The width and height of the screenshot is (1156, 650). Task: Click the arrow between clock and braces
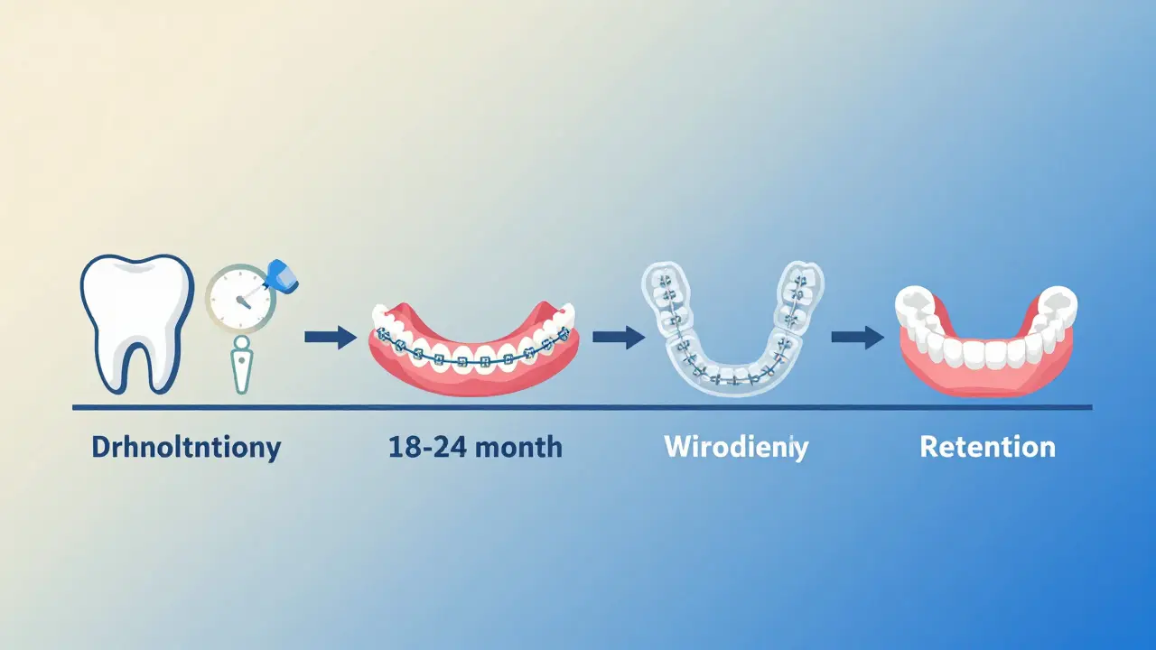[x=331, y=338]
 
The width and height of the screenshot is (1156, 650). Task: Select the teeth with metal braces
[x=473, y=348]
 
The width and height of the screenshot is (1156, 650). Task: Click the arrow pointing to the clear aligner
[x=618, y=338]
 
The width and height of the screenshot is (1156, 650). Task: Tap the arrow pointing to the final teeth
[x=857, y=338]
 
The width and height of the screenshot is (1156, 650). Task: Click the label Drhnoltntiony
[x=185, y=447]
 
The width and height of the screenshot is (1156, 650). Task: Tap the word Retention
[x=987, y=447]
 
